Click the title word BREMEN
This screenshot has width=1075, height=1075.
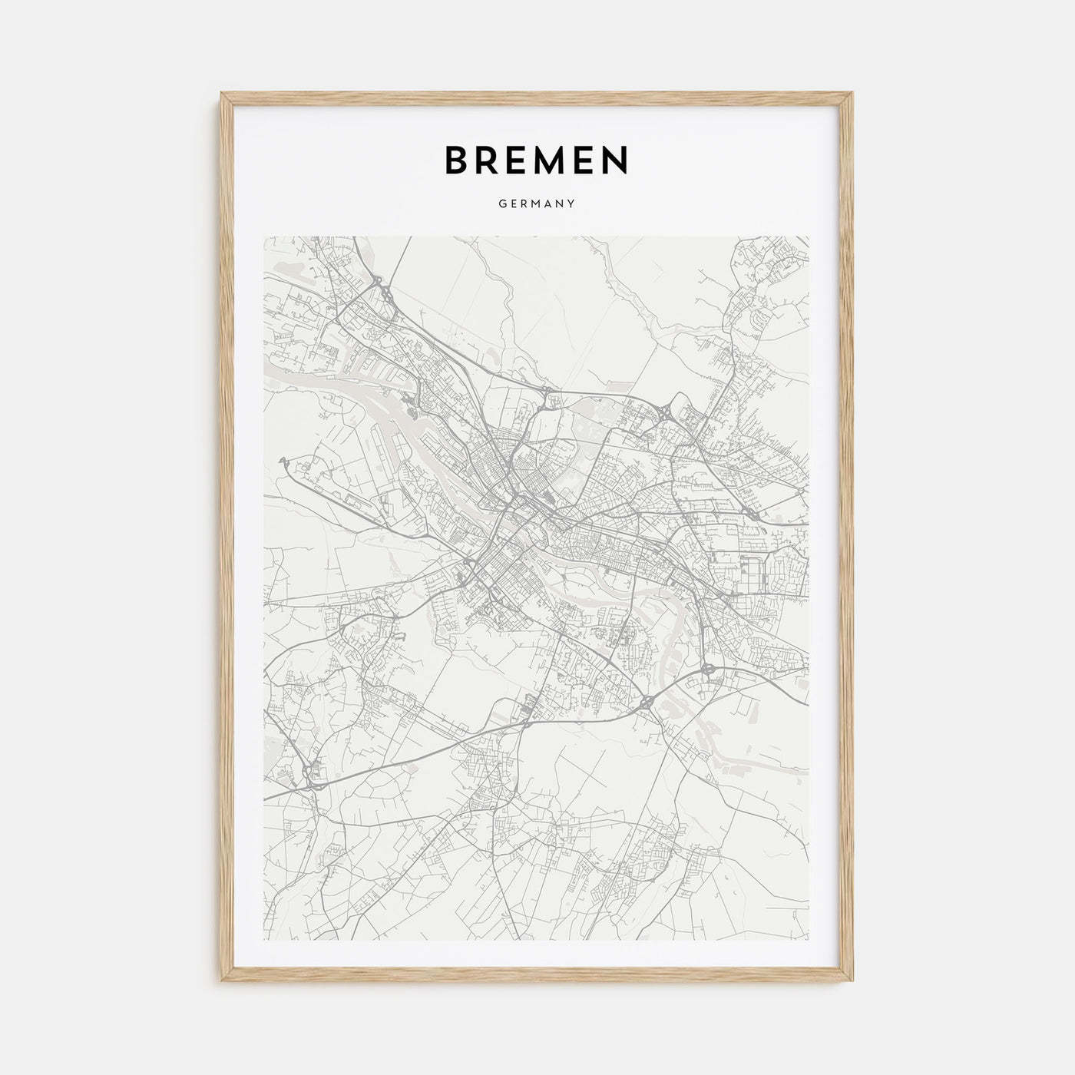536,160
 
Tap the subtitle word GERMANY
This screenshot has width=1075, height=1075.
537,204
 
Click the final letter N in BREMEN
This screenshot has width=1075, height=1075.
616,160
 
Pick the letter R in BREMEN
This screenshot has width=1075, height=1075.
485,160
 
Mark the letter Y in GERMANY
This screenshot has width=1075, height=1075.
572,204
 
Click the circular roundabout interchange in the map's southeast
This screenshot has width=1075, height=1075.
707,669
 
